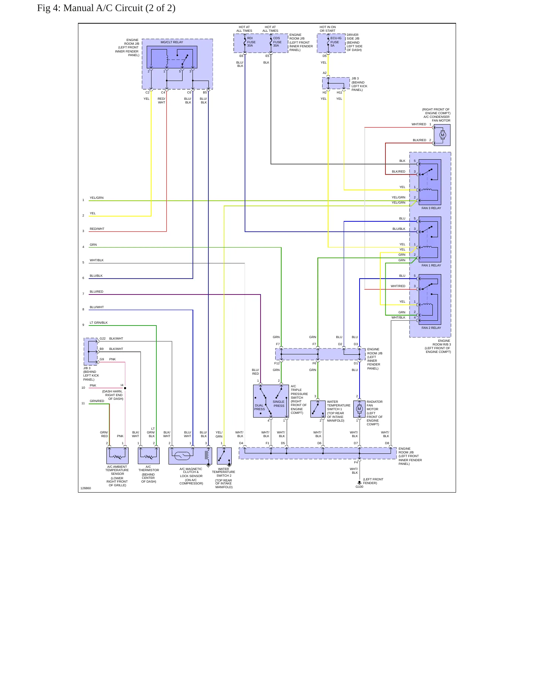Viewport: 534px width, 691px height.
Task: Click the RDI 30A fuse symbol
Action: coord(245,42)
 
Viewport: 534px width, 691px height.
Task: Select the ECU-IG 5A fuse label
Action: coord(336,42)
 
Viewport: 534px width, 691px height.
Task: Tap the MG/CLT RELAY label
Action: coord(172,42)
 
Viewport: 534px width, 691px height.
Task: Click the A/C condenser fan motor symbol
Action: coord(442,135)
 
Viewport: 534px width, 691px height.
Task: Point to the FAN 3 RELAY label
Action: coord(431,208)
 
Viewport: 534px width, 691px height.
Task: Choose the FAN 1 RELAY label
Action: coord(431,265)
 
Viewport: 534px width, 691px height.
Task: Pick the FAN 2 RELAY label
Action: coord(431,328)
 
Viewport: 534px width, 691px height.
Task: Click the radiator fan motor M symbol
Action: coord(359,409)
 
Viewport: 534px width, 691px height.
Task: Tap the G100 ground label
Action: coord(359,487)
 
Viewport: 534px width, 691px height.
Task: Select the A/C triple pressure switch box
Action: coord(271,401)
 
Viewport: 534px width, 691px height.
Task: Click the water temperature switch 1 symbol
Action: coord(318,409)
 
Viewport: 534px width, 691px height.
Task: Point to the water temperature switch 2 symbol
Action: coord(224,456)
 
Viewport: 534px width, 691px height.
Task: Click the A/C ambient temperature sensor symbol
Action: coord(118,456)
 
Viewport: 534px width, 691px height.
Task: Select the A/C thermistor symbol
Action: coord(149,456)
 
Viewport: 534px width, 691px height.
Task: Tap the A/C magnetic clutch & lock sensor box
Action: coord(190,456)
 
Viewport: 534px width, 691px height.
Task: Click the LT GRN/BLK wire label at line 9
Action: coord(99,323)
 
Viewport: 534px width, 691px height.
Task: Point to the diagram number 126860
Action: coord(86,488)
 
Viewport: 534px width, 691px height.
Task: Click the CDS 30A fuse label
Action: coord(277,42)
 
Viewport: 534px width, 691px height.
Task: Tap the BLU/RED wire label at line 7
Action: coord(96,292)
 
